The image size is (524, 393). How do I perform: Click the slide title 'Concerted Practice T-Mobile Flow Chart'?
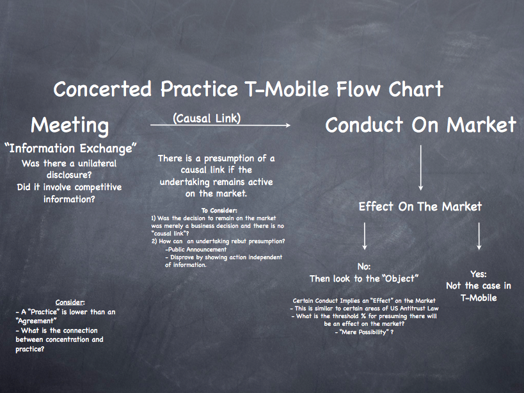tap(248, 89)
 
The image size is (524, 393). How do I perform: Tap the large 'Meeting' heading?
tap(70, 125)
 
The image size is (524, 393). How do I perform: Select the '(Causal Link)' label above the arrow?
tap(207, 118)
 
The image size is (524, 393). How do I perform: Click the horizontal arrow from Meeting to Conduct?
tap(220, 125)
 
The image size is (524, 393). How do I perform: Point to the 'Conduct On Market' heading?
tap(421, 125)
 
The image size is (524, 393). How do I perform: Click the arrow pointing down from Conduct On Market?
tap(421, 168)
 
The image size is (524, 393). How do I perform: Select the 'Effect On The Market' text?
tap(420, 207)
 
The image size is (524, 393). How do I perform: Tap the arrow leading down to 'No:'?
tap(365, 236)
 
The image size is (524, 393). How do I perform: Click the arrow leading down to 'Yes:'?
tap(479, 236)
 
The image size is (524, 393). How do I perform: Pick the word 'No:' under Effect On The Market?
tap(364, 267)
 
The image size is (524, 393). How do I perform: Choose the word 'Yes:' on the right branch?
tap(478, 274)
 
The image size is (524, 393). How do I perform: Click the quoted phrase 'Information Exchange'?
tap(70, 148)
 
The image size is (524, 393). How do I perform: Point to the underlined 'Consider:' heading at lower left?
tap(70, 303)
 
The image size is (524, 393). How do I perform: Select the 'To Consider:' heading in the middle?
tap(219, 211)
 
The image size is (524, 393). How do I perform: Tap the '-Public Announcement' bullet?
tap(196, 249)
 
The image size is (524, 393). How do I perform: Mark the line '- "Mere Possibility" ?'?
tap(364, 332)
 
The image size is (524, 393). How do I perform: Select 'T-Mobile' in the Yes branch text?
tap(479, 298)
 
